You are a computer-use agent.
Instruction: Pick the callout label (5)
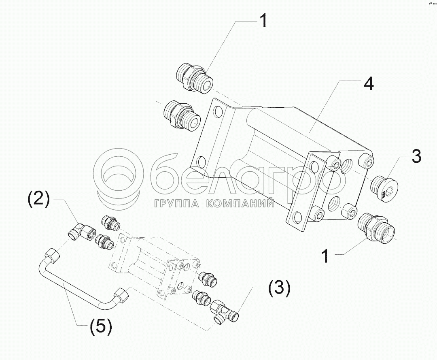point(101,326)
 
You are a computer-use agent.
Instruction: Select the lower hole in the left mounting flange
point(201,161)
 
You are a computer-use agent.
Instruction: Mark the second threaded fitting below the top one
point(181,115)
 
